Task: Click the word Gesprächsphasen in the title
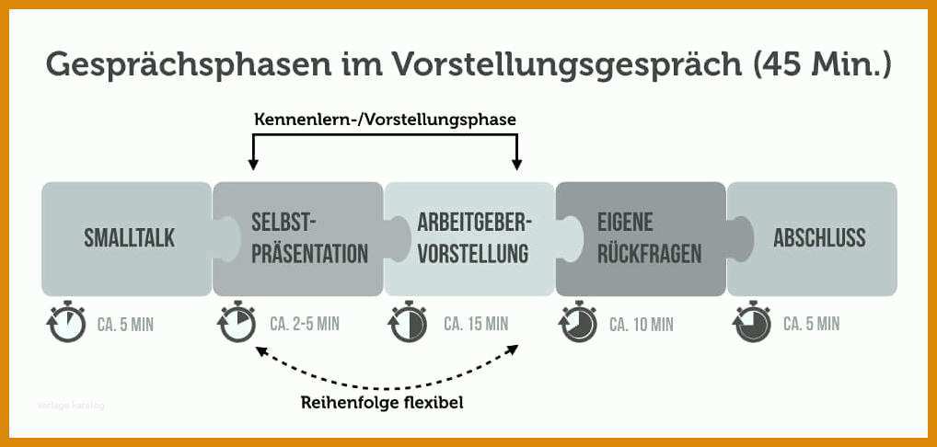point(189,65)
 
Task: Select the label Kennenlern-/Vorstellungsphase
point(385,120)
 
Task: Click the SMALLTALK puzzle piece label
point(129,238)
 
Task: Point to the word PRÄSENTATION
point(309,254)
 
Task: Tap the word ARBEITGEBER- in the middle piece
point(474,223)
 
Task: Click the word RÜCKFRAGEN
point(649,254)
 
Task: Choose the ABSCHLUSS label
point(819,238)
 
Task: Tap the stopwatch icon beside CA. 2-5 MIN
point(237,322)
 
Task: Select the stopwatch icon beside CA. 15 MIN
point(408,322)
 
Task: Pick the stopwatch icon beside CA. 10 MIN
point(578,322)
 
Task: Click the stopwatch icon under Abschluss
point(752,322)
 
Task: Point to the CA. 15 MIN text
point(476,324)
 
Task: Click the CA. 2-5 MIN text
point(304,324)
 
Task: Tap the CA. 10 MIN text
point(642,325)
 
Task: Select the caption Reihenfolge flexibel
point(382,403)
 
